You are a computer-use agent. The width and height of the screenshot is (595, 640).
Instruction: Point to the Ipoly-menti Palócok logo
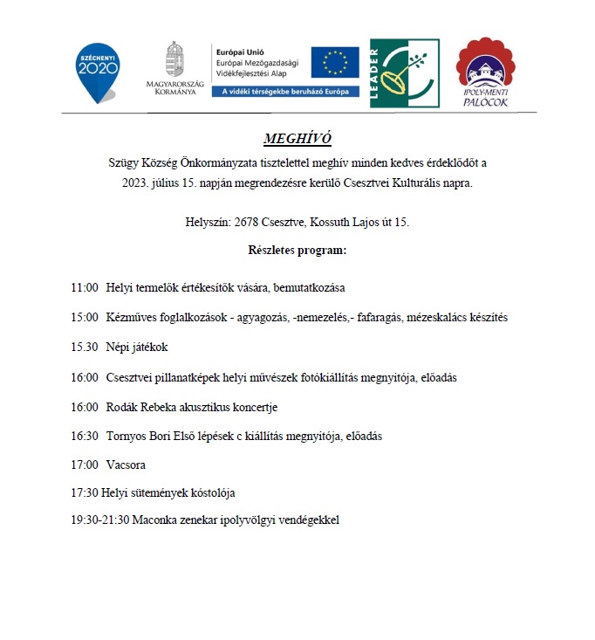point(485,73)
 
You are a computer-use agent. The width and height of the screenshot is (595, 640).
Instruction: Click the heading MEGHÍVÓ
point(297,139)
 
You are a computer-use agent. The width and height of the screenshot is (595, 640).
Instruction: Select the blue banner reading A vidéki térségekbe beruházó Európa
point(285,91)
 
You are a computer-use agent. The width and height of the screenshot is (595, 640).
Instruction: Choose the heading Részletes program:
point(297,251)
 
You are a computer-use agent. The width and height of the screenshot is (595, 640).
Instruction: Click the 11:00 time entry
point(85,287)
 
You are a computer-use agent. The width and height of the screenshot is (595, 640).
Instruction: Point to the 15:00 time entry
point(85,317)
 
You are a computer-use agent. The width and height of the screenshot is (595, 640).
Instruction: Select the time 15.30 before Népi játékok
point(85,347)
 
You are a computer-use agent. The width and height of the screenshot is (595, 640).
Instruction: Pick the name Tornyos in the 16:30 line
point(127,436)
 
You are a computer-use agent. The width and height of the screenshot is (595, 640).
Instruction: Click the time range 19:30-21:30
point(100,520)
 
